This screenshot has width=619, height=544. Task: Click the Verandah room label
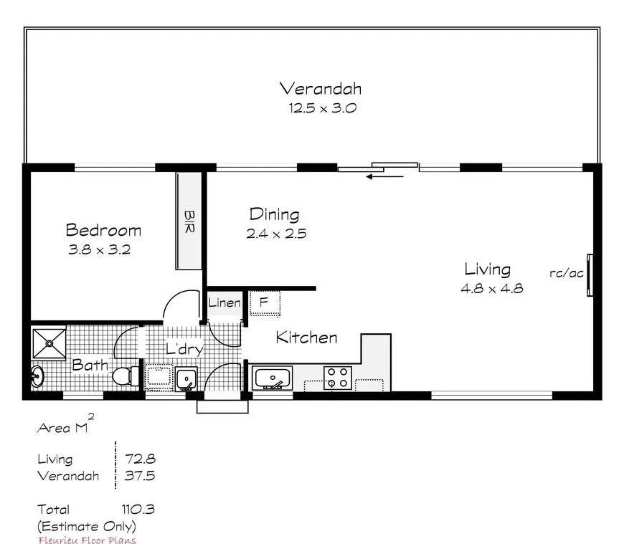[x=320, y=89]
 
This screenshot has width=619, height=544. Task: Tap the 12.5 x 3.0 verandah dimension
[x=322, y=109]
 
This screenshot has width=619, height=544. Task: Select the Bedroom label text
[x=103, y=230]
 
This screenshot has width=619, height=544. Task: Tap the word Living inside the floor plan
[x=487, y=269]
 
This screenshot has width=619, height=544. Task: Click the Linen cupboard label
[x=224, y=303]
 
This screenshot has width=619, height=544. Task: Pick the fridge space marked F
[x=263, y=302]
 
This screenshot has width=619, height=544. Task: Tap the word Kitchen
[x=306, y=338]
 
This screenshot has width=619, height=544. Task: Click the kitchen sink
[x=272, y=377]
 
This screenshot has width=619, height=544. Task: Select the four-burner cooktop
[x=337, y=377]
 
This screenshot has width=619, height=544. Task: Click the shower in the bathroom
[x=49, y=343]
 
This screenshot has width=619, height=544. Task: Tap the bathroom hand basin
[x=37, y=376]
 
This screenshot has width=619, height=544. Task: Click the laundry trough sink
[x=186, y=377]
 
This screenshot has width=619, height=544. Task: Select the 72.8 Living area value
[x=140, y=459]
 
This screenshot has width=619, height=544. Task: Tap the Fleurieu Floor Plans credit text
[x=86, y=540]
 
